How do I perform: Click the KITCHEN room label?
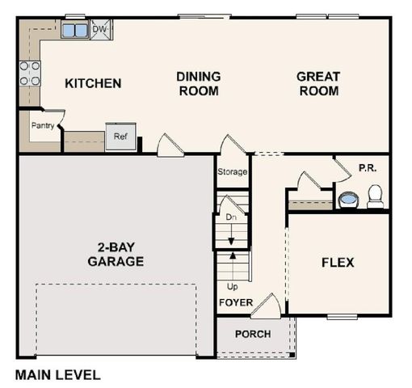(x=93, y=83)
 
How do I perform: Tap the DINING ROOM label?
(x=198, y=83)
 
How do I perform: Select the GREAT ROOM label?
(x=318, y=83)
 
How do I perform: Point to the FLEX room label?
(x=338, y=263)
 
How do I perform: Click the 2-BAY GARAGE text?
(x=116, y=255)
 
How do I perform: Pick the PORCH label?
(x=253, y=334)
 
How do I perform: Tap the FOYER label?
(x=236, y=303)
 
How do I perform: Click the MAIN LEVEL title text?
(x=58, y=375)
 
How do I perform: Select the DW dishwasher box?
(x=100, y=30)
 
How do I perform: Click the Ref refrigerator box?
(x=120, y=137)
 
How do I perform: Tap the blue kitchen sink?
(x=76, y=31)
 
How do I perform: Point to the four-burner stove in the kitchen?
(x=30, y=74)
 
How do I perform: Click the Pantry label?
(x=42, y=125)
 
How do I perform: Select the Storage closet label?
(x=232, y=172)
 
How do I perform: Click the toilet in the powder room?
(x=376, y=196)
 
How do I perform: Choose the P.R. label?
(x=368, y=168)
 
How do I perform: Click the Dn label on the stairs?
(x=230, y=217)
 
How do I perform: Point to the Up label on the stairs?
(x=232, y=286)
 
